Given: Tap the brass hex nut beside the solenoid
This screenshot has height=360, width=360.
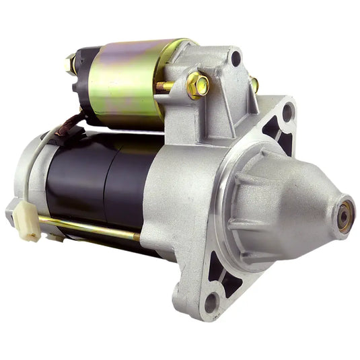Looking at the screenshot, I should tap(198, 84).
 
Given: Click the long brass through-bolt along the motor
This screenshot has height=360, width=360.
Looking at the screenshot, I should tap(87, 227).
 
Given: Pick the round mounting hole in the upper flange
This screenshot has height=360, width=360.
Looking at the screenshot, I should tap(287, 111).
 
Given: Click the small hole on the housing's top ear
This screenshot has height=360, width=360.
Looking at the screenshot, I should tap(235, 59).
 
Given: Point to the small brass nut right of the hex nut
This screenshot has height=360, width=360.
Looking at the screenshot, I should tap(254, 85).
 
